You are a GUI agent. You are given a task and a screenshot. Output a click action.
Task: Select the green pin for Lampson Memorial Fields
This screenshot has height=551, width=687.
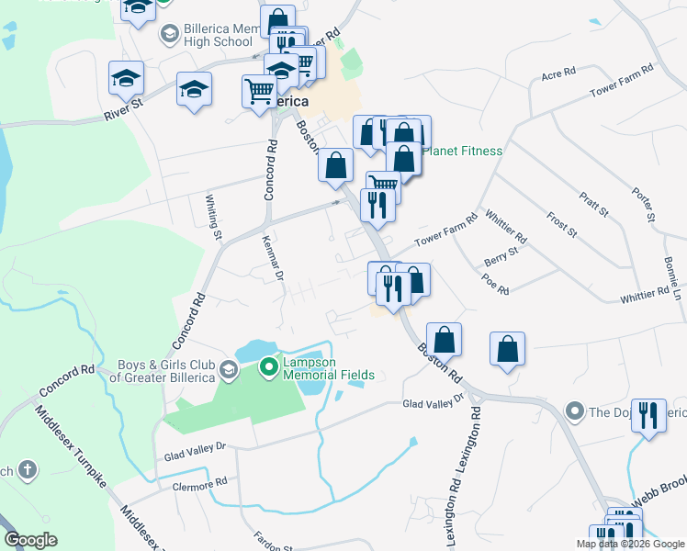268,368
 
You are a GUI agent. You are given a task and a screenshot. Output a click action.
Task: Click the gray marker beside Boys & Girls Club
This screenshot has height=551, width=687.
228,371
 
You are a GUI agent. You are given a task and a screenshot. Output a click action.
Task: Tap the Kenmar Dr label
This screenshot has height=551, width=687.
271,256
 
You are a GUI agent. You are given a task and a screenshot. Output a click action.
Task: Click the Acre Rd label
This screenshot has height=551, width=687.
557,73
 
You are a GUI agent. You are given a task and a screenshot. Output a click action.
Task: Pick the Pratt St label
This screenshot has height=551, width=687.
594,203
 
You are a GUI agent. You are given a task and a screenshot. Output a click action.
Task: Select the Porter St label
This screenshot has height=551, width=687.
647,206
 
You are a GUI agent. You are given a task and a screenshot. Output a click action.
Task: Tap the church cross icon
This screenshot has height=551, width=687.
28,470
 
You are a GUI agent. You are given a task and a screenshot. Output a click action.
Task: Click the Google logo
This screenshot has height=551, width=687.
31,540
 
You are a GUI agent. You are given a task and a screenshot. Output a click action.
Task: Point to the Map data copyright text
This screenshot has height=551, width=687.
630,544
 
